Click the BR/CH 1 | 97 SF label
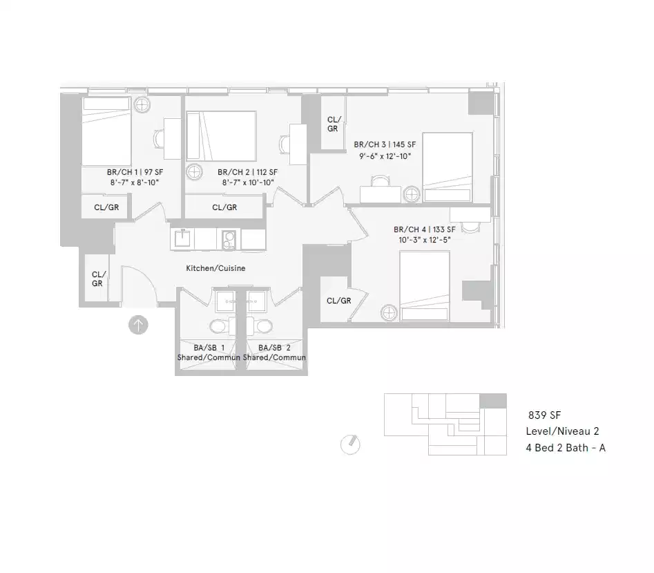(x=135, y=172)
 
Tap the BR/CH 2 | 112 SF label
(x=247, y=172)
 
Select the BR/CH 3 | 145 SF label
(x=385, y=145)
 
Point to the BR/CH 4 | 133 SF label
(x=424, y=229)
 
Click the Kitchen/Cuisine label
(x=215, y=268)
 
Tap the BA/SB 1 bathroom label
(x=209, y=348)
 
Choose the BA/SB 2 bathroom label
(x=274, y=348)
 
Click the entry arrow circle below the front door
(x=138, y=325)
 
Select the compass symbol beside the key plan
(x=351, y=444)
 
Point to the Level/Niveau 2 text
(x=562, y=431)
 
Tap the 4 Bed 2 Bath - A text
(x=566, y=448)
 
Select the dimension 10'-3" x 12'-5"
(x=423, y=241)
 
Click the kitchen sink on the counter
(x=182, y=238)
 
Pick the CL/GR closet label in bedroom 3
(x=333, y=124)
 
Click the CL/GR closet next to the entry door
(x=97, y=279)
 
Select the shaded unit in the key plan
(x=493, y=401)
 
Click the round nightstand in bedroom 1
(x=143, y=105)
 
